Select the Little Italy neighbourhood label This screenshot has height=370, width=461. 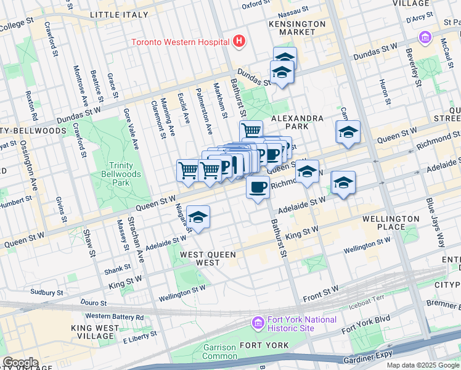[x=119, y=14]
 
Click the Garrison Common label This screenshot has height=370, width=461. [x=220, y=352]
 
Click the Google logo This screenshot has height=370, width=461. [x=20, y=362]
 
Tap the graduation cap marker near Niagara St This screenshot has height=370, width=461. [x=197, y=217]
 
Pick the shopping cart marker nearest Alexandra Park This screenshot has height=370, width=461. [x=251, y=131]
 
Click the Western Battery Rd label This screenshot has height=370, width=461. [x=115, y=317]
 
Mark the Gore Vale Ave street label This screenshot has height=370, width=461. [x=130, y=129]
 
